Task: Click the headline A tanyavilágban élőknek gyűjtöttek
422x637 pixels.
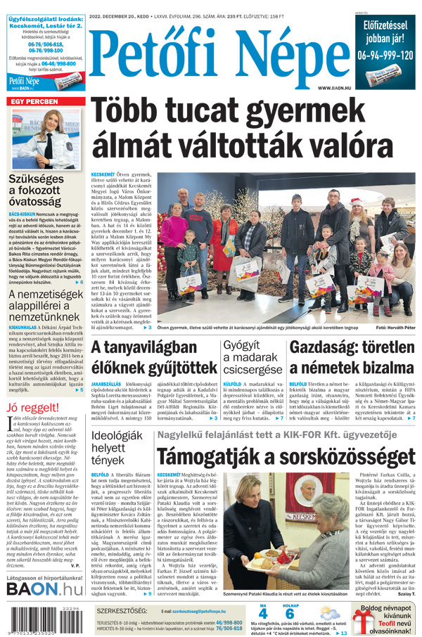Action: (x=154, y=358)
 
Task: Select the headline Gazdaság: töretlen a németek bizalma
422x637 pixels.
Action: (x=352, y=358)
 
